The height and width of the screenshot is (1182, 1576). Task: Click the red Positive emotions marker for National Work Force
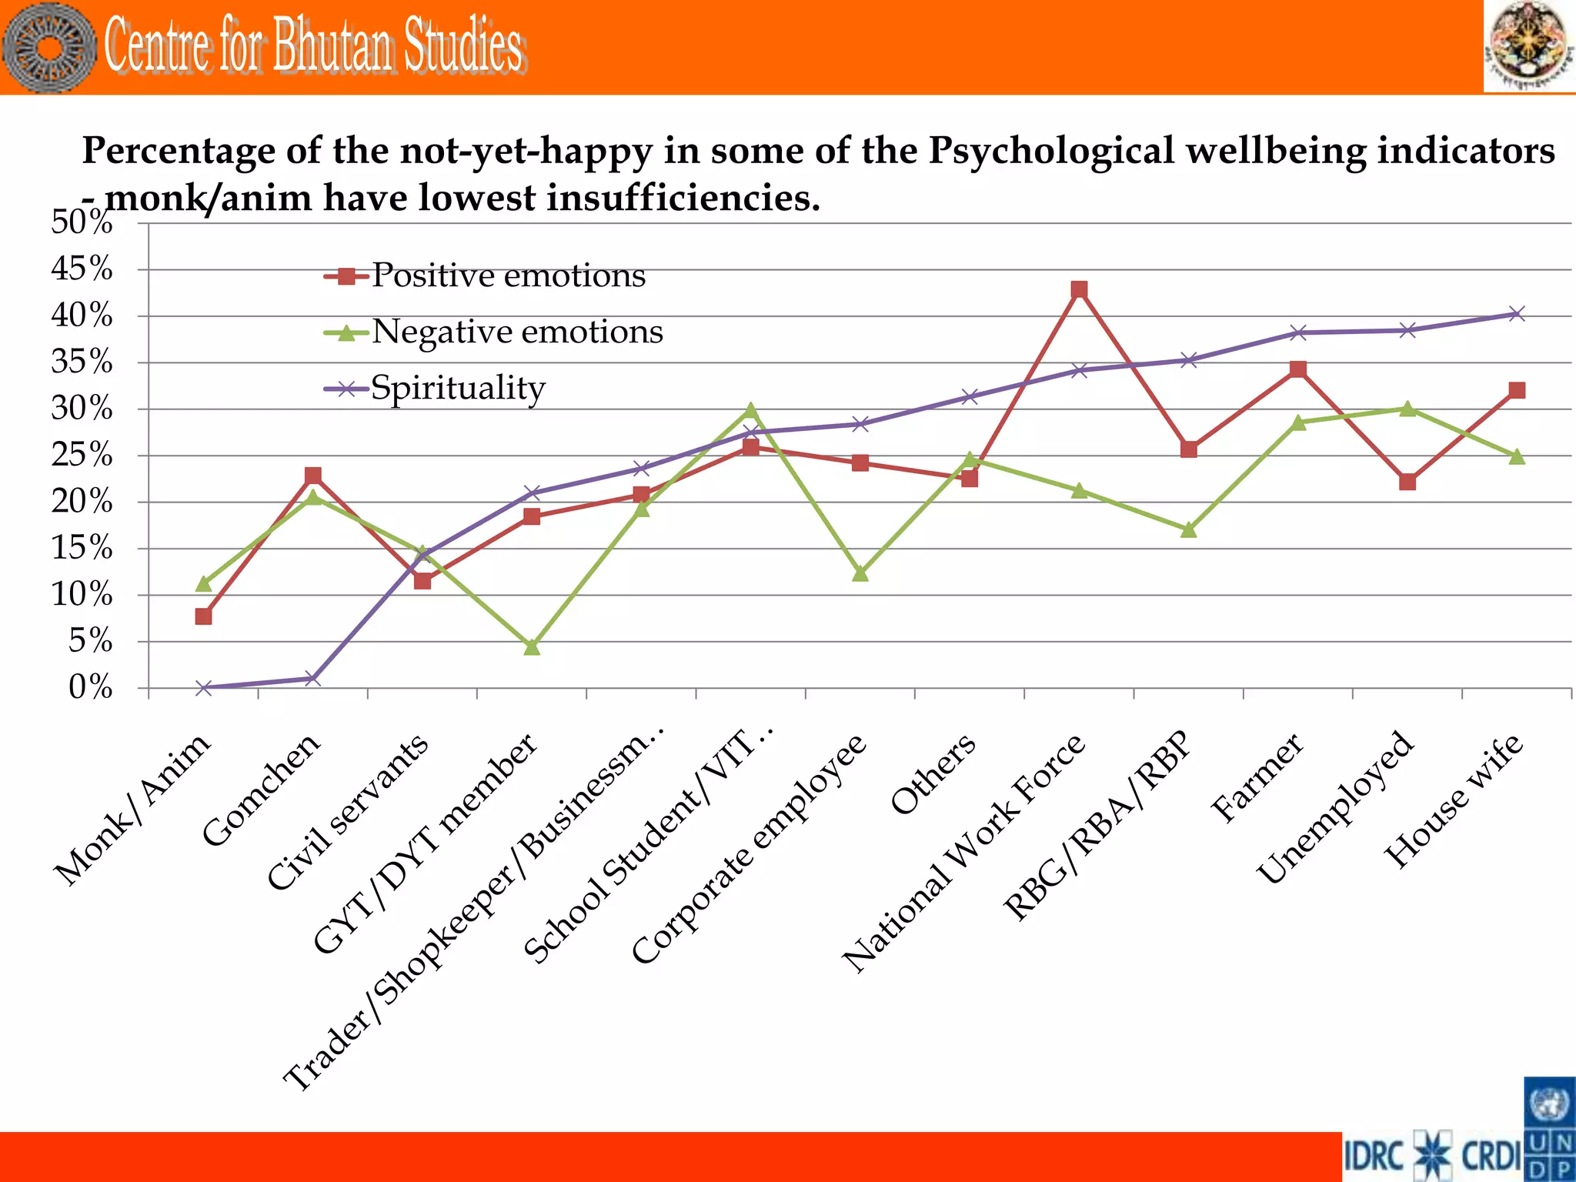[1079, 289]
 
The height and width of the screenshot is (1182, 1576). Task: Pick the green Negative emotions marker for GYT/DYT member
[532, 647]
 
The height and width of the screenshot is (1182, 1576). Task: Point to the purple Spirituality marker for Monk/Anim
[204, 687]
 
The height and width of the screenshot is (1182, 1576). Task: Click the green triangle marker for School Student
[751, 410]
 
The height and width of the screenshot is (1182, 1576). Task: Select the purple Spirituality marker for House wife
[1516, 314]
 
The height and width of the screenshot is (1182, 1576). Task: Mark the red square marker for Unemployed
[1407, 482]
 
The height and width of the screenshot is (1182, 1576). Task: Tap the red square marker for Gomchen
[313, 476]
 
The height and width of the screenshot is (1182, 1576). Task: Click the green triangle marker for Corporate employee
[860, 573]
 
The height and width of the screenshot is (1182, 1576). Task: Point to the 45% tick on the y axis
[82, 269]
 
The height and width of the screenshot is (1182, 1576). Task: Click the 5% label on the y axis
[90, 641]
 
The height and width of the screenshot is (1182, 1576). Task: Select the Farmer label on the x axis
[1257, 777]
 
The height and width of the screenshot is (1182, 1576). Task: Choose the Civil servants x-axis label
[348, 811]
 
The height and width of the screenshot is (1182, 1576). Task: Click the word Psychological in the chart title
[1051, 150]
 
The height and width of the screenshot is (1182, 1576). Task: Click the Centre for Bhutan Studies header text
[314, 46]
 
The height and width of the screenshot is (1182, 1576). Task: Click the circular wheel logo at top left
[49, 48]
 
